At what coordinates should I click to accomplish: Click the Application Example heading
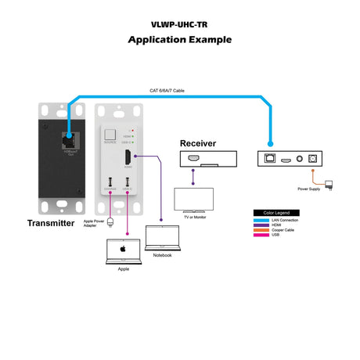(x=179, y=38)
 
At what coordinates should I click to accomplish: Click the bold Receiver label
(x=198, y=144)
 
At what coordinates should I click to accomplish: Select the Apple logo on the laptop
(x=122, y=249)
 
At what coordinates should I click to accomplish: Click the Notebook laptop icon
(x=162, y=239)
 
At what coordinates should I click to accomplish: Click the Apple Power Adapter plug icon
(x=110, y=221)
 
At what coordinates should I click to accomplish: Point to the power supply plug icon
(x=329, y=185)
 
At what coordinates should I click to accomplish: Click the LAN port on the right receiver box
(x=271, y=159)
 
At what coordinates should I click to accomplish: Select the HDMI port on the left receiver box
(x=195, y=159)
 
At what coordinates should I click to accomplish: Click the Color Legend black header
(x=275, y=213)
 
